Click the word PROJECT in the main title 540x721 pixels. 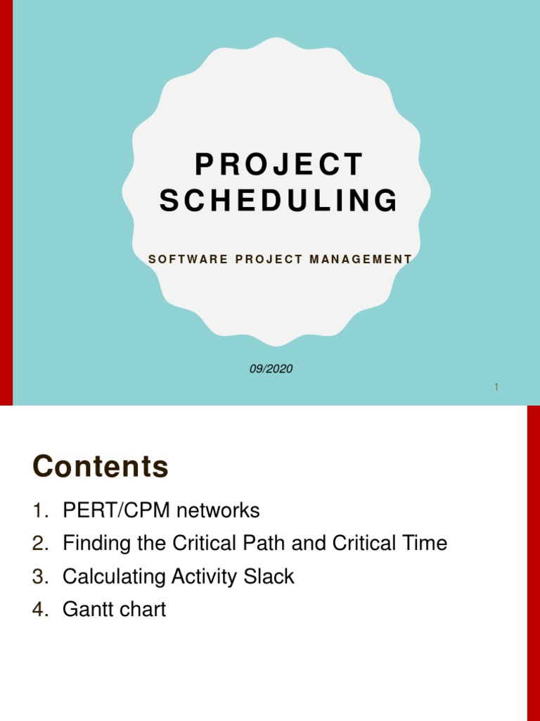pos(279,165)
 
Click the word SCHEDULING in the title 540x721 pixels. pos(279,201)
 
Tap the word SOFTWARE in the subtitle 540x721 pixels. pos(188,260)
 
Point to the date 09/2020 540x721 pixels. pos(271,369)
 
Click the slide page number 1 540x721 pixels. pos(496,387)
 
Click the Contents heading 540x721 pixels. pos(101,466)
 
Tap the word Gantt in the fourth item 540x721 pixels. pos(86,610)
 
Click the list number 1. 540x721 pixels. pos(39,510)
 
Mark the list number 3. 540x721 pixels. pos(39,577)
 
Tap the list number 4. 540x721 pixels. pos(39,610)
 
